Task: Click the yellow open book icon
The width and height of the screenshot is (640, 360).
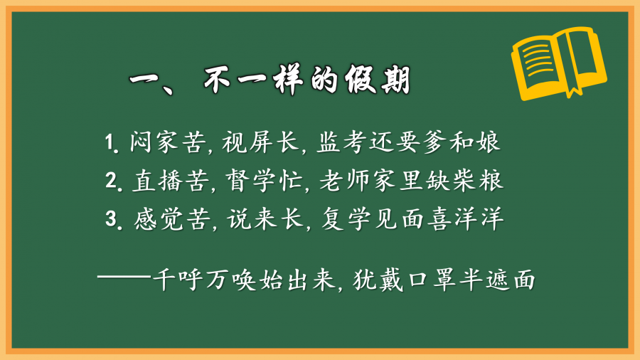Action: pos(559,63)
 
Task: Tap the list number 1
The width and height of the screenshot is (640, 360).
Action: pos(110,143)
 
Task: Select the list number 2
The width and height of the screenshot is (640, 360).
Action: pos(112,180)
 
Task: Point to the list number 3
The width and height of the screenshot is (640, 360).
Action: pos(111,218)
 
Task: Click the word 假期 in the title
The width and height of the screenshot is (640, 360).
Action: pos(378,79)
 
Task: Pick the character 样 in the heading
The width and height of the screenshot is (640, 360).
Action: pos(288,79)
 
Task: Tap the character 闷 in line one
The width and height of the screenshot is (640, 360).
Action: pos(142,142)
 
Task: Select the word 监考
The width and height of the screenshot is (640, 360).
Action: pos(341,142)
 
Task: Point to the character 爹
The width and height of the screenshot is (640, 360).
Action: pos(434,142)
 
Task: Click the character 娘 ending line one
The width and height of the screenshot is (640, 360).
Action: pos(488,142)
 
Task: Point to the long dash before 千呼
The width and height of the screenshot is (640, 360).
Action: pos(124,277)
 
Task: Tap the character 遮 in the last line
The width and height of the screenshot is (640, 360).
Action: pos(497,280)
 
